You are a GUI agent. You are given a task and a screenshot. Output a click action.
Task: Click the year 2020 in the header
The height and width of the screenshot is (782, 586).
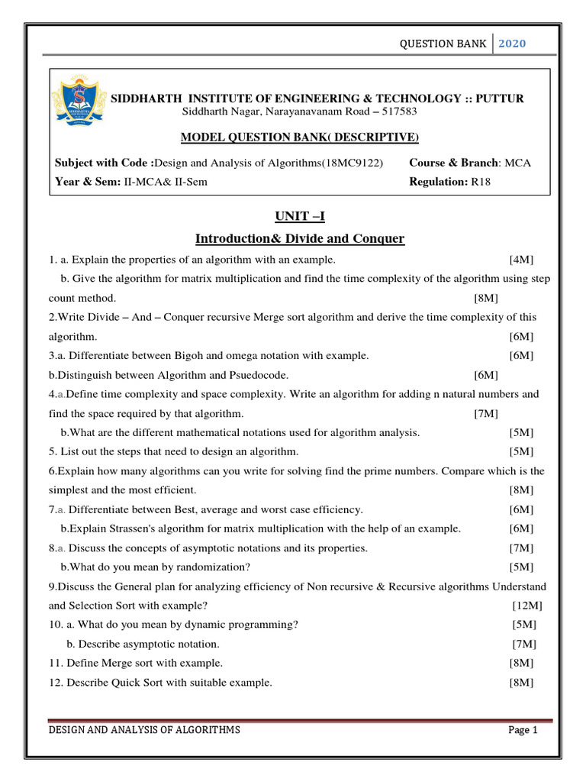511,44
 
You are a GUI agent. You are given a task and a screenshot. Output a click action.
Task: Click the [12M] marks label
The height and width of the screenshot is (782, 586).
527,606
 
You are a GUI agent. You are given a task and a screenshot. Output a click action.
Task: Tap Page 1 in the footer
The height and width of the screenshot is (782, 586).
523,730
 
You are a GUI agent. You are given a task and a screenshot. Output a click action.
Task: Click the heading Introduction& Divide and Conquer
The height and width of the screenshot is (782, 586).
299,239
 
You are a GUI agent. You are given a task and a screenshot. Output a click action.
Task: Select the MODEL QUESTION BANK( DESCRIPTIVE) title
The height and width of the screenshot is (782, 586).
299,137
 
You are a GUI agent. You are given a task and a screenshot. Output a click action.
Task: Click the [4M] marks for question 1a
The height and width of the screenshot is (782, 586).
521,260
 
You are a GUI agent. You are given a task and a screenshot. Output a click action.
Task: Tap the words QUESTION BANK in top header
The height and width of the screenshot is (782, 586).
443,44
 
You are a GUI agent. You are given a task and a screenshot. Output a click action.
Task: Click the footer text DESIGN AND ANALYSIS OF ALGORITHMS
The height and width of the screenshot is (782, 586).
144,730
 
